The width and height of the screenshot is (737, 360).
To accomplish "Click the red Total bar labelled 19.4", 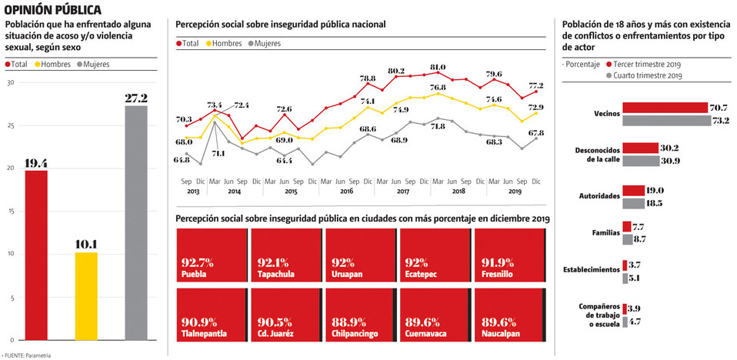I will [x=36, y=255].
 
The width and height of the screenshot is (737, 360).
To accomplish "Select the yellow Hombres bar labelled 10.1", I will [x=86, y=295].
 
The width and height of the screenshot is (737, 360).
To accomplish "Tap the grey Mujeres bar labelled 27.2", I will [x=136, y=222].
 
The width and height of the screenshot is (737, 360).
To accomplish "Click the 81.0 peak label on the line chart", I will [x=439, y=67].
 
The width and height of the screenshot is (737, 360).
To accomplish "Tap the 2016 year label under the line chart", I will [x=347, y=190].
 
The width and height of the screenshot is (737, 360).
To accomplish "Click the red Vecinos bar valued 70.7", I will [x=665, y=108].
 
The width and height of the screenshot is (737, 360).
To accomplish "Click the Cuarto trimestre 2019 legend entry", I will [x=649, y=76].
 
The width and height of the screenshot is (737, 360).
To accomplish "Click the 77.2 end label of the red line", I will [x=535, y=85].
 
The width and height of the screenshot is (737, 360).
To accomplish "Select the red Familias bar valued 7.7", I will [x=626, y=227].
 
